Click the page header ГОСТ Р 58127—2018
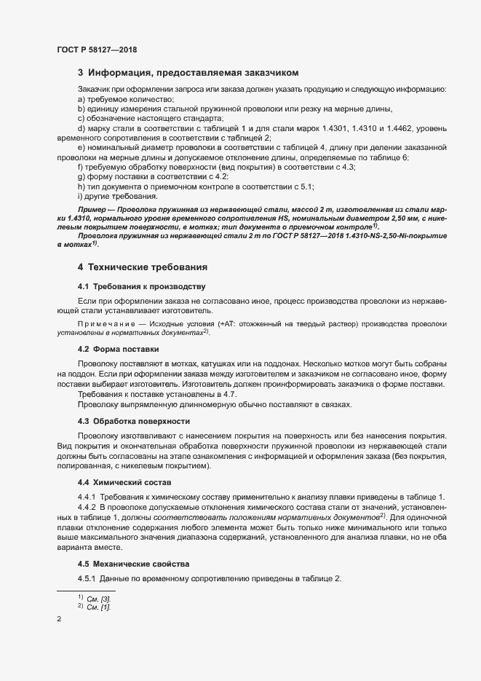(97, 50)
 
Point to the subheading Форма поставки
(119, 349)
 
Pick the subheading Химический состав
(124, 482)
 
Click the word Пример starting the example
(92, 208)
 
